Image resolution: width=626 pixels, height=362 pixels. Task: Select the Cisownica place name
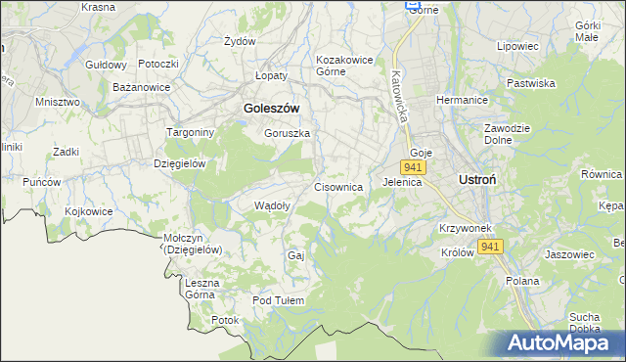[338, 186]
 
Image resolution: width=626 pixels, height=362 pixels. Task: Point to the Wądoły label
[272, 205]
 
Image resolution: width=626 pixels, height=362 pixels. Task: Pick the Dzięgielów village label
[179, 163]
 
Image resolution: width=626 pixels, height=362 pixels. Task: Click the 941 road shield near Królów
[491, 248]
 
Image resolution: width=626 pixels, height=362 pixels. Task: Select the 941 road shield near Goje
[413, 168]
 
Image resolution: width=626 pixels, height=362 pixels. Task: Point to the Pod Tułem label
[279, 300]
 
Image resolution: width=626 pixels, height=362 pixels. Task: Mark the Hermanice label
[462, 101]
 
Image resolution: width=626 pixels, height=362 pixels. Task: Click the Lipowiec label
[518, 46]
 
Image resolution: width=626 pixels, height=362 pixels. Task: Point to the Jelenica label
[401, 182]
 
